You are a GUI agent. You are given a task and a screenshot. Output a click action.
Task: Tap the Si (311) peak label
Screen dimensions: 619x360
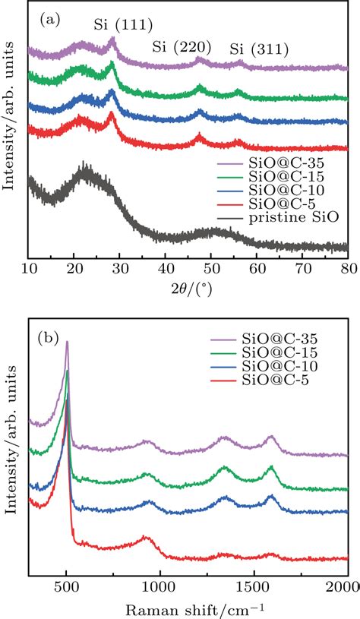coord(259,50)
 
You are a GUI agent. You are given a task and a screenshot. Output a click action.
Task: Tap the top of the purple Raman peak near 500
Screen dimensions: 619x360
coord(67,343)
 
